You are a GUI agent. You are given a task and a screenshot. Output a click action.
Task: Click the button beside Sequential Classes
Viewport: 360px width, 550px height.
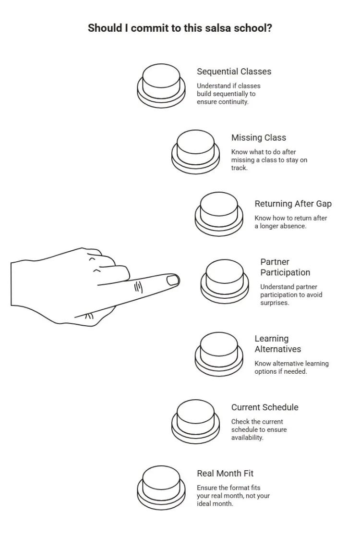(x=161, y=86)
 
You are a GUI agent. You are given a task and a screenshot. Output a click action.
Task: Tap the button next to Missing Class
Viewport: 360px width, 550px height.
(x=195, y=152)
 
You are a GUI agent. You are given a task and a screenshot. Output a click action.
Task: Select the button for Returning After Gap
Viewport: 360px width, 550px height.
(x=219, y=214)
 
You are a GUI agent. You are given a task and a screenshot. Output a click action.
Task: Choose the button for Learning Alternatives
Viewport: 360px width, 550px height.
(x=219, y=354)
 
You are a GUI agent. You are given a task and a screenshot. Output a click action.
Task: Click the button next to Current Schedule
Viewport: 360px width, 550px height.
(x=195, y=422)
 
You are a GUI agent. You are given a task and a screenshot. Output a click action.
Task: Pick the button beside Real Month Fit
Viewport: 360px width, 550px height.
(x=161, y=488)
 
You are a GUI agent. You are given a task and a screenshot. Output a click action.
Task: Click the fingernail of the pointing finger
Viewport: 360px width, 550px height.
(x=173, y=280)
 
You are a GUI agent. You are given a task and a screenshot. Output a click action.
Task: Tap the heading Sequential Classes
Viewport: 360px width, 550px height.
(x=234, y=72)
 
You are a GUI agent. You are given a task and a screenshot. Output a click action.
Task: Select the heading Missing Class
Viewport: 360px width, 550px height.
(x=259, y=138)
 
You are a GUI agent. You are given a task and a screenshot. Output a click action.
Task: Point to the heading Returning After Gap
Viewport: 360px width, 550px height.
(x=293, y=204)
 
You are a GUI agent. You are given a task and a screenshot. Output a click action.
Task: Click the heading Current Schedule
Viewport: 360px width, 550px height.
(x=264, y=407)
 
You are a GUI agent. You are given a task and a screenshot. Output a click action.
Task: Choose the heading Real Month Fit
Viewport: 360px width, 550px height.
(x=225, y=474)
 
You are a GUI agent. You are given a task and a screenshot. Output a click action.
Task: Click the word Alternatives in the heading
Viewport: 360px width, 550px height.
(x=277, y=349)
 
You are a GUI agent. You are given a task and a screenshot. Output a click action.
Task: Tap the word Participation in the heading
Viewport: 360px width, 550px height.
(x=285, y=272)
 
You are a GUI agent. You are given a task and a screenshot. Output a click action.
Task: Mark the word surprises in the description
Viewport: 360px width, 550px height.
(x=275, y=303)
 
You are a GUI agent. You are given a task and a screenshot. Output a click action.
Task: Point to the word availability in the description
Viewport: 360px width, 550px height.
(x=247, y=438)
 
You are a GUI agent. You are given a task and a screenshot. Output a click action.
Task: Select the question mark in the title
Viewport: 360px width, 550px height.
(x=269, y=28)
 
